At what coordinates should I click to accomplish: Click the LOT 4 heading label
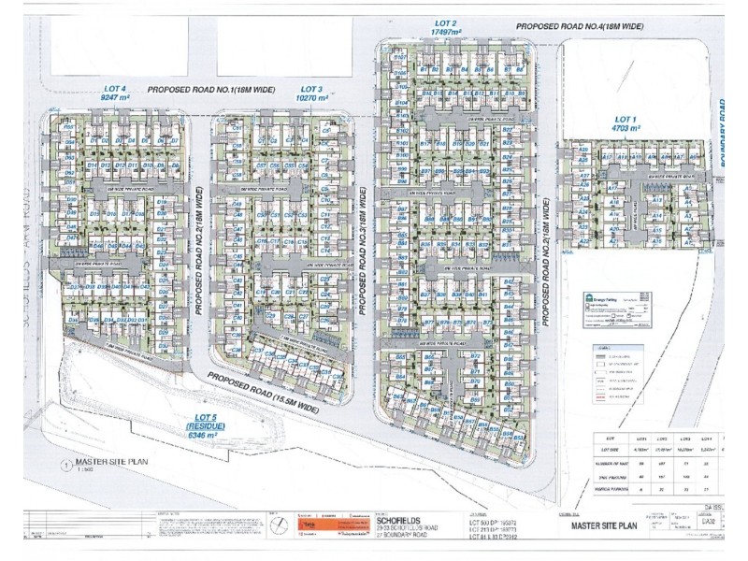[x=114, y=87]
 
